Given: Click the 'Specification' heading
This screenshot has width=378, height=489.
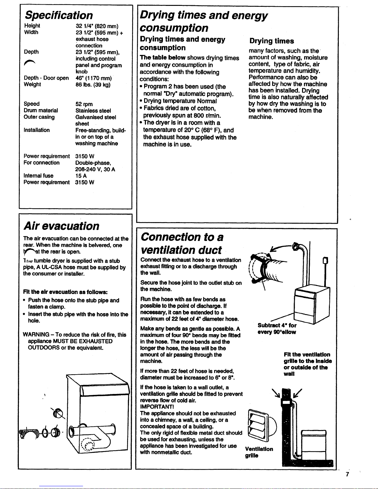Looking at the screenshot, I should point(59,15).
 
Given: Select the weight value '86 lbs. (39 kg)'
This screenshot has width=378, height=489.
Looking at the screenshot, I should point(93,85).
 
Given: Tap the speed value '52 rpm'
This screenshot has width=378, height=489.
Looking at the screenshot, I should point(84,104).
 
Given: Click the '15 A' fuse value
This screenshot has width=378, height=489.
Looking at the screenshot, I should point(81,176).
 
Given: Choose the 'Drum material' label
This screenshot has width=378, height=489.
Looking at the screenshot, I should point(41,110).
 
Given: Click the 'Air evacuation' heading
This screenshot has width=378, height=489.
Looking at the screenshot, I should point(61,226).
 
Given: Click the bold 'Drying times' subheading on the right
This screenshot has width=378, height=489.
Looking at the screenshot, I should point(272,41).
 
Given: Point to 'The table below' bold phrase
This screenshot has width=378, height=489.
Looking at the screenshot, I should point(163,58).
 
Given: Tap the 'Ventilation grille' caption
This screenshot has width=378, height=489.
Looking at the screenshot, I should point(259,452).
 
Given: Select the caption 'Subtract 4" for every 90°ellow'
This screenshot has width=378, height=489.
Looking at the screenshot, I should point(277,329).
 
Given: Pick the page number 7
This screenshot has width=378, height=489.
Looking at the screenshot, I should point(347,474).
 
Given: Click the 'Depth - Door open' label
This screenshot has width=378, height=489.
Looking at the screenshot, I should point(46,78).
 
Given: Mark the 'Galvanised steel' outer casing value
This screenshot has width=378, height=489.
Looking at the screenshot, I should point(96,117).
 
